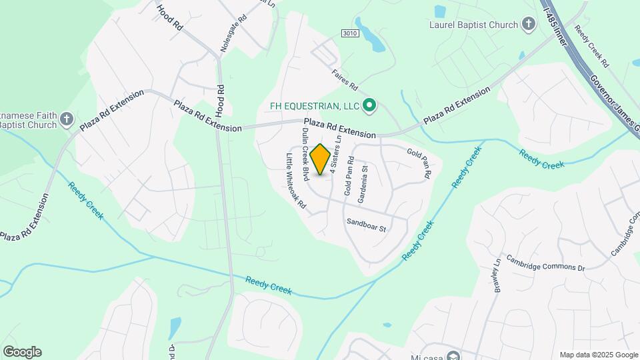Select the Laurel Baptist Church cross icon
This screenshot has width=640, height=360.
point(529,25)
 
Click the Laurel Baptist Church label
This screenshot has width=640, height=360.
point(474,25)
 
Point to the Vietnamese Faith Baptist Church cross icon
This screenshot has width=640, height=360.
point(67,119)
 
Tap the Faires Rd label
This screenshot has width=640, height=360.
point(345,83)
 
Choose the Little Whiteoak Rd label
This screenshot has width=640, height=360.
point(296,182)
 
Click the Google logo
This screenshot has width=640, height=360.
point(22,351)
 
